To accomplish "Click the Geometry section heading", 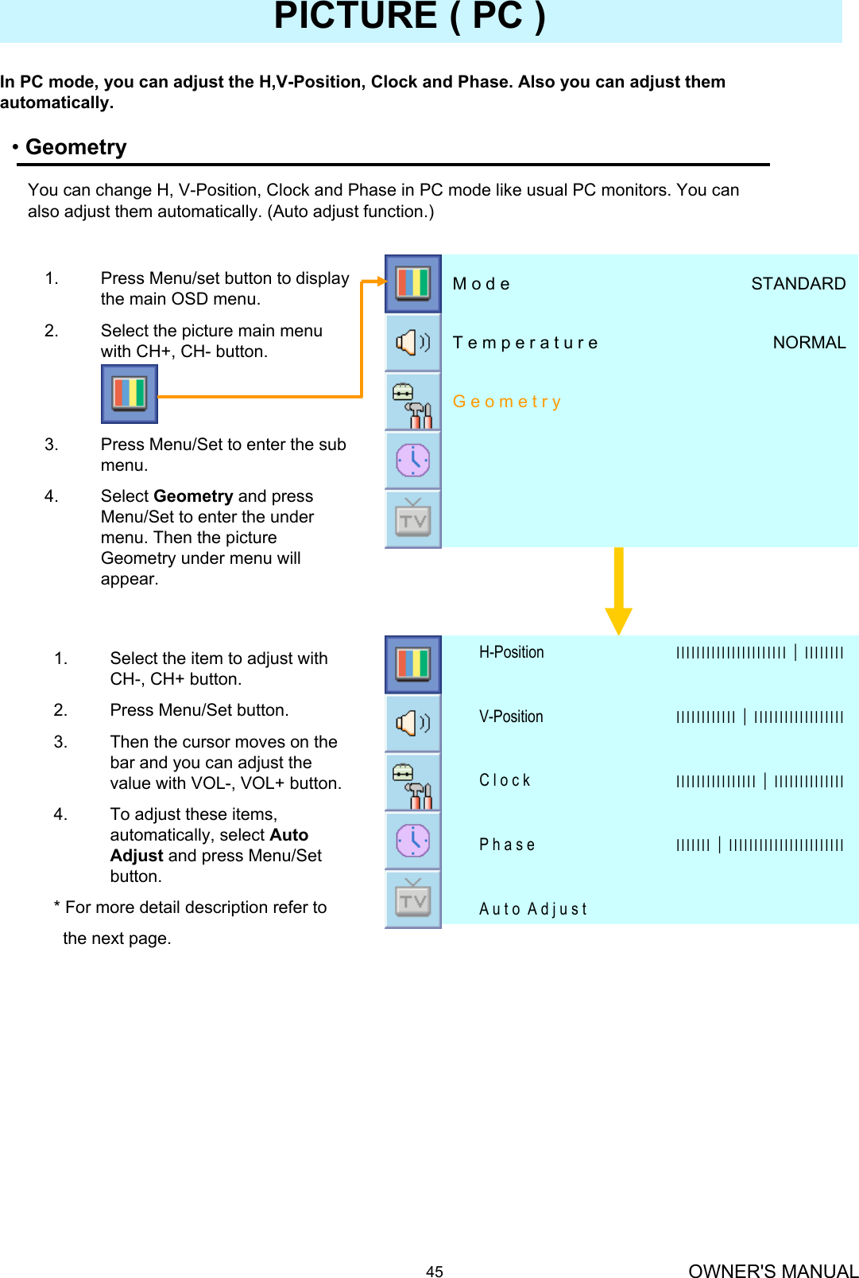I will click(76, 147).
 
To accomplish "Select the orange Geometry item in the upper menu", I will click(507, 402).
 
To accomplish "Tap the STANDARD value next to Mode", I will click(798, 284).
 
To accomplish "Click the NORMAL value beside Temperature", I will click(809, 343).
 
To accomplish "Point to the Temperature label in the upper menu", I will click(525, 343).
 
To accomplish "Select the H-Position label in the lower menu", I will click(511, 652).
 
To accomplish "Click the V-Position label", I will click(511, 717).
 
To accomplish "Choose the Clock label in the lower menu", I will click(505, 780).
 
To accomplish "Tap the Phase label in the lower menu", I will click(507, 845).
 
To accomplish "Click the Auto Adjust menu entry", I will click(532, 909).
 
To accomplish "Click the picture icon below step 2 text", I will click(130, 394).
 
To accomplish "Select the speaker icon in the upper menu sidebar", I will click(413, 342).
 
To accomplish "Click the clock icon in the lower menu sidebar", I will click(413, 841).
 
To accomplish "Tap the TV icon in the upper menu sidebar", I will click(413, 519).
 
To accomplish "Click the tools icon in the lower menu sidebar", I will click(413, 782).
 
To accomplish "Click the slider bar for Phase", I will click(759, 845).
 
